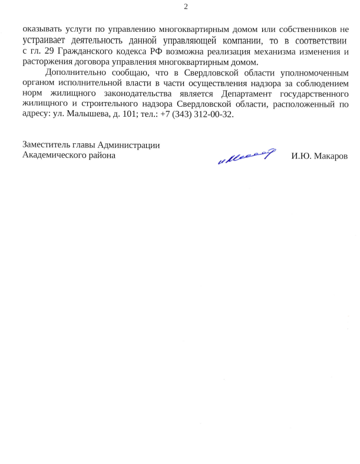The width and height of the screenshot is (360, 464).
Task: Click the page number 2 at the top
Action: click(x=186, y=7)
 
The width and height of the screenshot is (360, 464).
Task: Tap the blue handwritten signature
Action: click(x=246, y=156)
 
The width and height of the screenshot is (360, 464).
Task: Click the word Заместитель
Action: click(x=45, y=145)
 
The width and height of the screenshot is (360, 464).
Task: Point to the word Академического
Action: click(x=52, y=156)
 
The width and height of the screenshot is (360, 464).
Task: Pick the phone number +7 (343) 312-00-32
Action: click(x=197, y=114)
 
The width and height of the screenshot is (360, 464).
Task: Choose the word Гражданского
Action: click(x=88, y=52)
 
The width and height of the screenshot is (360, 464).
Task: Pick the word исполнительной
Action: click(x=86, y=83)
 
